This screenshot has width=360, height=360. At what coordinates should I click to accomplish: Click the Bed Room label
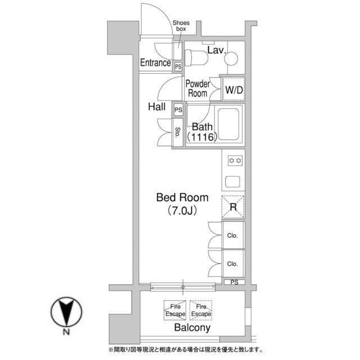click(182, 197)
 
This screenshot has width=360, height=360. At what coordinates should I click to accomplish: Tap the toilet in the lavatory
click(196, 57)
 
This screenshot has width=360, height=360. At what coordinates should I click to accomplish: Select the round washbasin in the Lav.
click(231, 58)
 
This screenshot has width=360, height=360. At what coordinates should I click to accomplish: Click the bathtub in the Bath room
click(228, 124)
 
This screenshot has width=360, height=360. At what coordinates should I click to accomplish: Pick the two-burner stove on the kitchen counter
click(235, 160)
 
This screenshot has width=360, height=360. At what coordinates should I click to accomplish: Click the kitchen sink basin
click(232, 182)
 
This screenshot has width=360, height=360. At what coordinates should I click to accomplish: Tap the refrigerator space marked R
click(233, 207)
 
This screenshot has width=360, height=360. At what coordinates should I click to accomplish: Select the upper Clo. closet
click(233, 235)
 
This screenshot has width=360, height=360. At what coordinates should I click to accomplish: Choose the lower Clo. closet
click(233, 263)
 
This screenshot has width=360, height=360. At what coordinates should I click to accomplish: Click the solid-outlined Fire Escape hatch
click(175, 310)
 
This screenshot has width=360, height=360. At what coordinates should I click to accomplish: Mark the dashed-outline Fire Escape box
click(201, 310)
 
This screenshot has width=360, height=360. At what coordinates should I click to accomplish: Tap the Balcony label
click(192, 327)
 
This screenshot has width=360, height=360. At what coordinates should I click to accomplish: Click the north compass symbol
click(66, 312)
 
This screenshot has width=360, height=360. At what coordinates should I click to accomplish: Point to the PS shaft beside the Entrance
click(178, 67)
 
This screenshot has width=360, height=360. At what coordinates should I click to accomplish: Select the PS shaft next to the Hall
click(178, 110)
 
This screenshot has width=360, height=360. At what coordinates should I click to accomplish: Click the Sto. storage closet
click(178, 132)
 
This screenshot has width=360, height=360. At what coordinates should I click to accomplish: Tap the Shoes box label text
click(181, 26)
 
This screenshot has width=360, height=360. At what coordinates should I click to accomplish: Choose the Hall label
click(156, 107)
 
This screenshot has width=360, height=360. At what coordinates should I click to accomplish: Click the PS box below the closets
click(235, 282)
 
